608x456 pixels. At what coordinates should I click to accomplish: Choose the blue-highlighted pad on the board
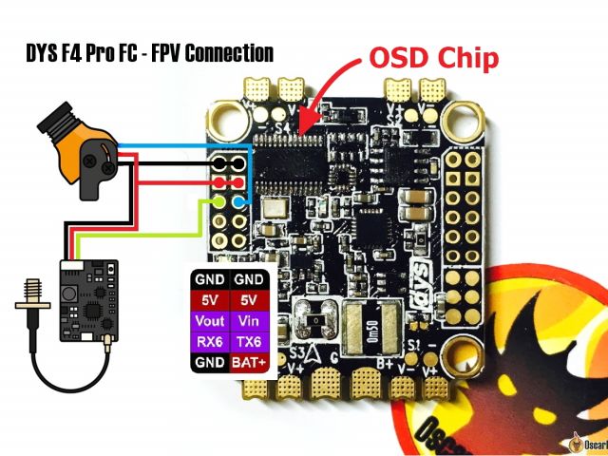coord(240,201)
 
